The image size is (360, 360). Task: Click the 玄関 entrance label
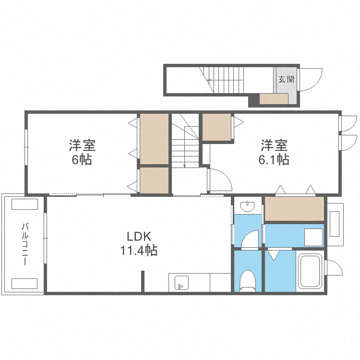[x=286, y=79]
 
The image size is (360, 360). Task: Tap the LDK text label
[x=139, y=237]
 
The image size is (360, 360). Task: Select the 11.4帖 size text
[x=139, y=250]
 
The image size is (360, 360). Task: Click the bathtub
[x=311, y=273]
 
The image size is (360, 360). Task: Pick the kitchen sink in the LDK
[x=181, y=283]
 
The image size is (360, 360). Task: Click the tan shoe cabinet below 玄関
[x=274, y=99]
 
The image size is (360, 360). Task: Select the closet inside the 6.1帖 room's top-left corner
[x=216, y=127]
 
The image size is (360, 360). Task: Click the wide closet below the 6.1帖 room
[x=294, y=209]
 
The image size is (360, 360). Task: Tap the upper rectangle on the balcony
[x=24, y=204]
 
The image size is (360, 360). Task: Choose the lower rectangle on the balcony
[x=24, y=283]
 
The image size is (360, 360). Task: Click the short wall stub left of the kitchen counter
[x=143, y=281]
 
